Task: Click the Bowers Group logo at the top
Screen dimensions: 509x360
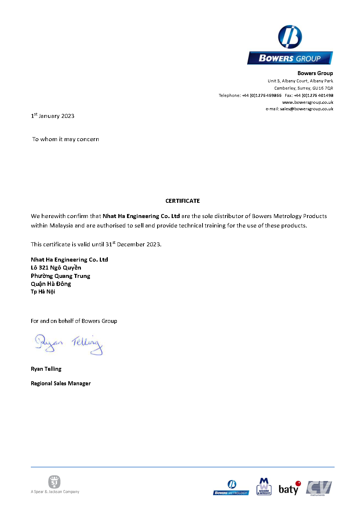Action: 290,45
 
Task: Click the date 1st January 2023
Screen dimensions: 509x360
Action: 53,116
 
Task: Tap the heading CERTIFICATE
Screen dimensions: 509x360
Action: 183,201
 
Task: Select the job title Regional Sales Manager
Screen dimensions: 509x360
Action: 61,383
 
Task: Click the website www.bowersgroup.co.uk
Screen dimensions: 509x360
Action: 307,102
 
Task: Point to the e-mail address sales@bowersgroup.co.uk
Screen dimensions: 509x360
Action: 306,109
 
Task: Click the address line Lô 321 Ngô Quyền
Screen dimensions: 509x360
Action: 56,268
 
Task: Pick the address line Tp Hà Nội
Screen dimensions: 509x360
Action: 43,292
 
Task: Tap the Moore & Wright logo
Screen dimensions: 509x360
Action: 264,487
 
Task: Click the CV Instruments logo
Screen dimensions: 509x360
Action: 319,488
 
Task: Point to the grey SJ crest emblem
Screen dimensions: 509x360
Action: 54,482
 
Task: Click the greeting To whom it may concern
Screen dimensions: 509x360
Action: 66,139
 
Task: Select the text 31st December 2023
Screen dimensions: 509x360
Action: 133,244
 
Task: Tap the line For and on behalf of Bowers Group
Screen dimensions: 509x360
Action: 74,321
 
